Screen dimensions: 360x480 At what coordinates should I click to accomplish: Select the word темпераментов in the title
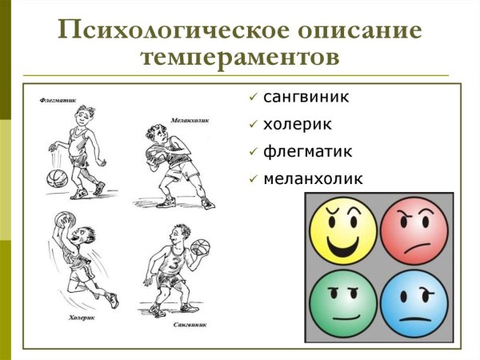239,58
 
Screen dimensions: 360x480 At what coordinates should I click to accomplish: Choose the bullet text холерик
297,124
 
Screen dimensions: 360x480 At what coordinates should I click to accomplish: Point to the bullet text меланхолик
313,178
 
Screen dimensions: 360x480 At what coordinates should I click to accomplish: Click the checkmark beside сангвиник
253,98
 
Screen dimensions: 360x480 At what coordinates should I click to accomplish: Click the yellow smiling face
342,230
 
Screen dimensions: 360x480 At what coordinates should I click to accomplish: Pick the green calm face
342,305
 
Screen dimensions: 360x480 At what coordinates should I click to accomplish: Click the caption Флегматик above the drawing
57,101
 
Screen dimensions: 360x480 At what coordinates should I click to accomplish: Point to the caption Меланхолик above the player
189,120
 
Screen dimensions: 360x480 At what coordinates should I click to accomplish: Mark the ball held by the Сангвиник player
202,247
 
